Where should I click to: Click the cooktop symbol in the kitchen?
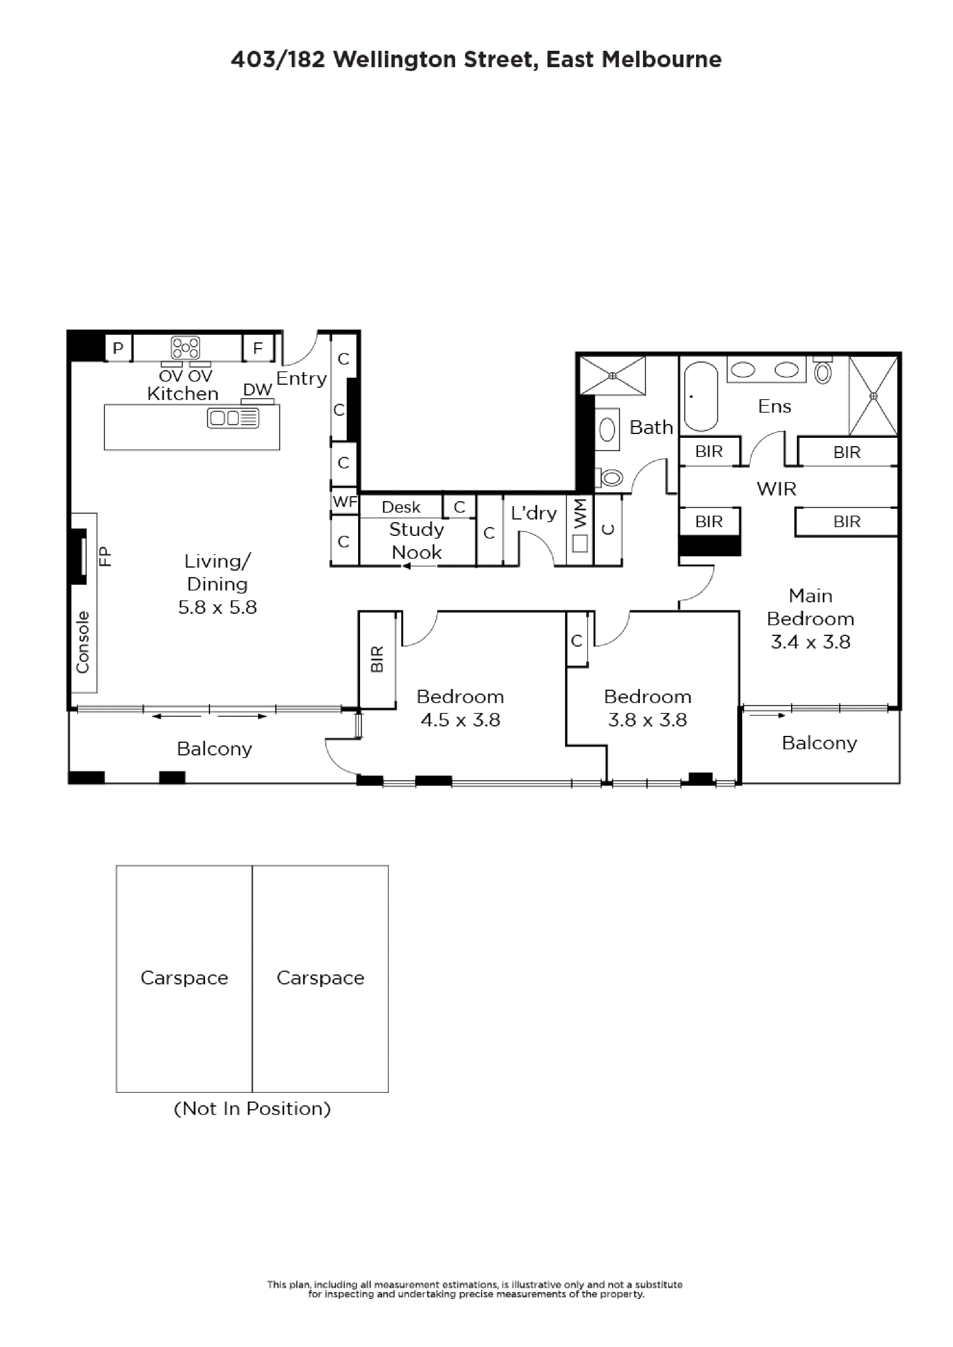(186, 347)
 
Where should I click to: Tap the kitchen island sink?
(233, 418)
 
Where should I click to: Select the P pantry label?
(118, 348)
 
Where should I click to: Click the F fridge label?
(258, 348)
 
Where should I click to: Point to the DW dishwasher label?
(258, 390)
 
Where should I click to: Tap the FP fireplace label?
(105, 556)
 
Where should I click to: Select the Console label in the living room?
(83, 642)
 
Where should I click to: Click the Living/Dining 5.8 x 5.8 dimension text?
(218, 607)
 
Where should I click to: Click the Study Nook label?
(417, 541)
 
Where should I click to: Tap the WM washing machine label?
(580, 513)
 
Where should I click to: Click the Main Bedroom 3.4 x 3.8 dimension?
(811, 642)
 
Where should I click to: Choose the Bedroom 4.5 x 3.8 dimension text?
(461, 720)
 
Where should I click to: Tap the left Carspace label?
(184, 978)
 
